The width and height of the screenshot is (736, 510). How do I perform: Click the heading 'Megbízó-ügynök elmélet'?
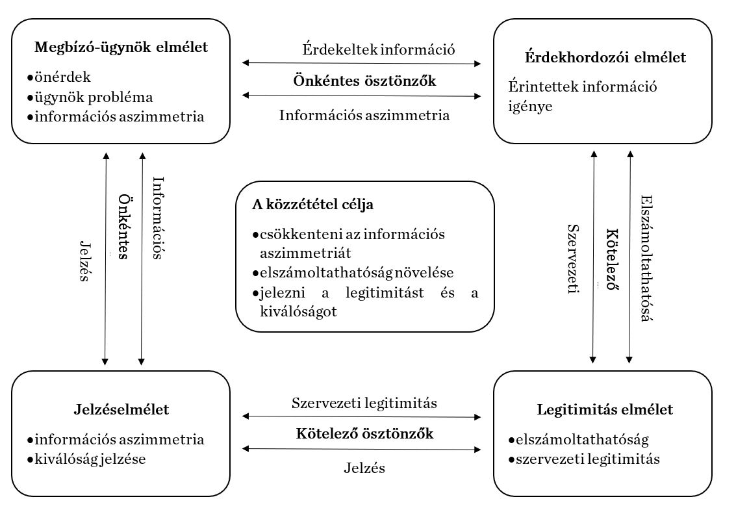point(121,47)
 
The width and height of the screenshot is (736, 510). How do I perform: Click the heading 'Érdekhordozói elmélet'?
point(605,57)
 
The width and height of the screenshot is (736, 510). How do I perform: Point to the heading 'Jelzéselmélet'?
point(121,409)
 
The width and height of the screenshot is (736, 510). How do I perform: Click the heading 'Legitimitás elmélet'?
point(605,409)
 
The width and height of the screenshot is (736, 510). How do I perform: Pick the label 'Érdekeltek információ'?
point(379,49)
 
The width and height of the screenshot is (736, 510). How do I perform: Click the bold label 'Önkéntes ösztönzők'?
point(364,81)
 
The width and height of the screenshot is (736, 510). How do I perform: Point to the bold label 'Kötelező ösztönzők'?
point(364,433)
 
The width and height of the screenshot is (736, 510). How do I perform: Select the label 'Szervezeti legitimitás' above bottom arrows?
point(364,403)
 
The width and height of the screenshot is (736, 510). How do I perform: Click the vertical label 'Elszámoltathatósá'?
point(646,258)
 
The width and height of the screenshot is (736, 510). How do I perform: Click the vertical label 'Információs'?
point(157,218)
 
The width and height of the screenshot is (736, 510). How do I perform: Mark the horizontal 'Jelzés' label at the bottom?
point(364,467)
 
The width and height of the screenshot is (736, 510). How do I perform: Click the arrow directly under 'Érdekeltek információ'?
point(361,64)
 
